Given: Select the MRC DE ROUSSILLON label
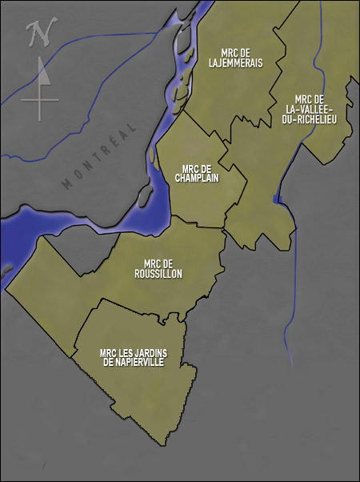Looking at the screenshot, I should click(158, 268).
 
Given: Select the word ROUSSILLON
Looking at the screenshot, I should click(158, 274).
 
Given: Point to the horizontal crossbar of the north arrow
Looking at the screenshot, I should click(41, 99).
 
